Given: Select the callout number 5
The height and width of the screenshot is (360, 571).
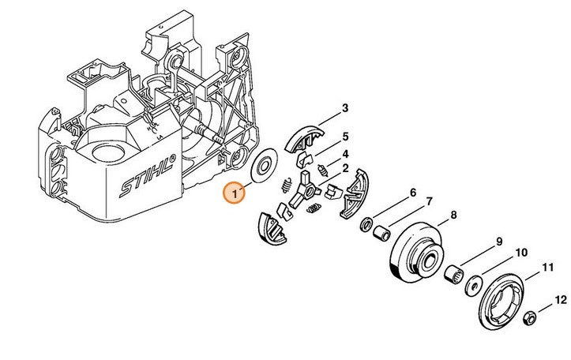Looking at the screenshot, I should click(x=345, y=137).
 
